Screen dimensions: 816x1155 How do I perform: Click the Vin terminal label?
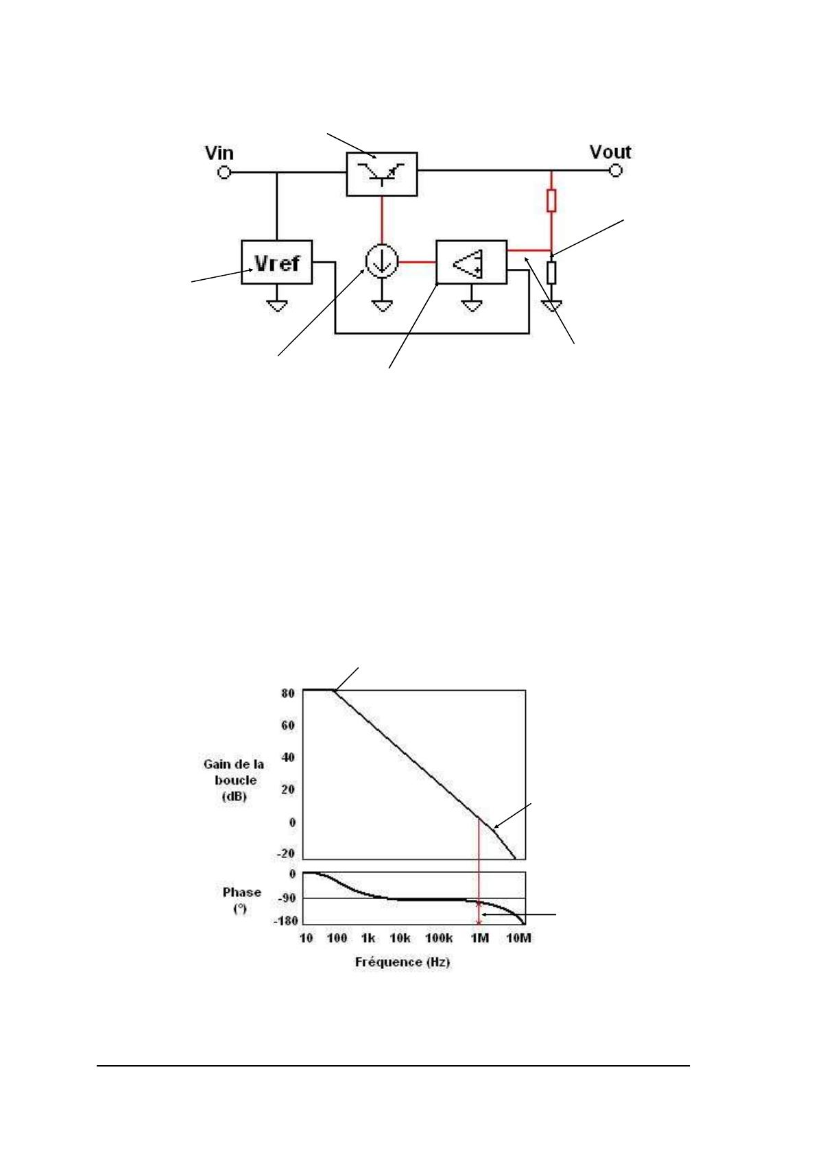click(219, 153)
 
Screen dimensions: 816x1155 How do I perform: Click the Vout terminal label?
click(610, 152)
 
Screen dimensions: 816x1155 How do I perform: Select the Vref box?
click(277, 262)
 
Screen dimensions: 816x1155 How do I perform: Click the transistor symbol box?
click(382, 174)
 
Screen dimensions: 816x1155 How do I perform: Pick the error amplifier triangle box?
click(472, 262)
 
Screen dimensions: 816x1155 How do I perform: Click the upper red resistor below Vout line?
click(551, 200)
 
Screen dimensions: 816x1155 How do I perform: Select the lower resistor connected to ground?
click(551, 272)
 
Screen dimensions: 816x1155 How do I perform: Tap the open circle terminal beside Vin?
click(224, 172)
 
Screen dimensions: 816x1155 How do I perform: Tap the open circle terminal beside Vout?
click(616, 170)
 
